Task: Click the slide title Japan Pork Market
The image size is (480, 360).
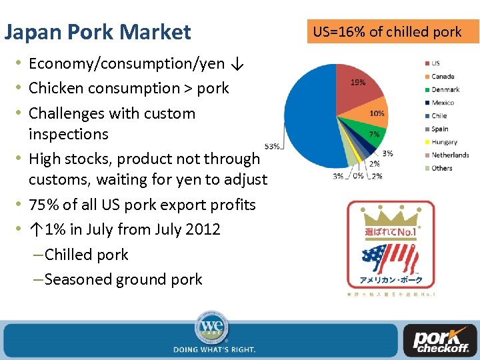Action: (x=97, y=32)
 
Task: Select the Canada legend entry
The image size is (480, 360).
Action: (x=442, y=77)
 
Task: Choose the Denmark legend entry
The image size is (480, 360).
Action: (x=445, y=89)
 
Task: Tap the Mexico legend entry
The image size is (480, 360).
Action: (x=442, y=103)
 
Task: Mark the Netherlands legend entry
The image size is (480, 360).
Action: (x=449, y=155)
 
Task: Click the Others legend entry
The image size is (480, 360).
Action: (x=441, y=168)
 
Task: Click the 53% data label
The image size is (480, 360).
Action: (x=272, y=146)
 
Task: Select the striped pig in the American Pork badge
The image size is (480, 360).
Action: (x=389, y=257)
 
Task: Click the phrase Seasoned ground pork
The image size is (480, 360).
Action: (x=123, y=279)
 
